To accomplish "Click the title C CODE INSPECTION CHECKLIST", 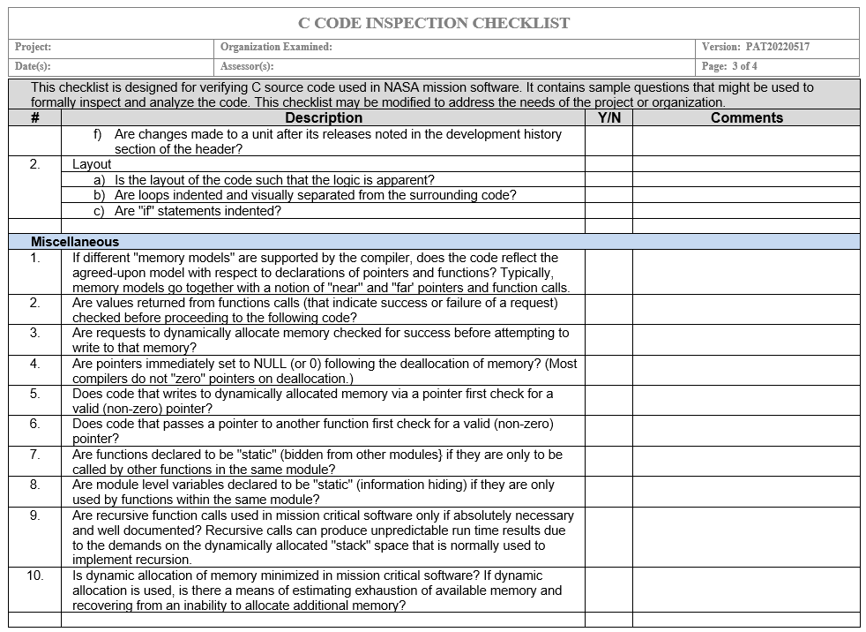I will (x=433, y=24).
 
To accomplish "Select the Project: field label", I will (x=34, y=47).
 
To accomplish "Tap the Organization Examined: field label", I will (x=276, y=47).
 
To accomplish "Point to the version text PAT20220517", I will (x=777, y=47).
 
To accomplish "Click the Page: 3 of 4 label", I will (x=729, y=66).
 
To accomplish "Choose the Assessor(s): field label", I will (x=247, y=66).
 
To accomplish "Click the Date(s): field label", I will (x=33, y=66).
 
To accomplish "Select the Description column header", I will (x=323, y=117).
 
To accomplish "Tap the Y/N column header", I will (x=608, y=117).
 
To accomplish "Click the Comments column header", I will (x=746, y=117).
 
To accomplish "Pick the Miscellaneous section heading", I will (x=75, y=241).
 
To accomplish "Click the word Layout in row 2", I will (x=92, y=164).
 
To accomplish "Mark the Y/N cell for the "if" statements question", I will (x=608, y=211).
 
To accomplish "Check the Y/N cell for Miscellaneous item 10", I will (x=608, y=590).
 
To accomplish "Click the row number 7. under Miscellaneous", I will (x=35, y=455).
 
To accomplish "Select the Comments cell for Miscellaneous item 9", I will (x=746, y=537).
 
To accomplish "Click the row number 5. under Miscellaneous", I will (x=35, y=394).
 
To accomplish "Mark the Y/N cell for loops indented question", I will (x=608, y=195).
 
